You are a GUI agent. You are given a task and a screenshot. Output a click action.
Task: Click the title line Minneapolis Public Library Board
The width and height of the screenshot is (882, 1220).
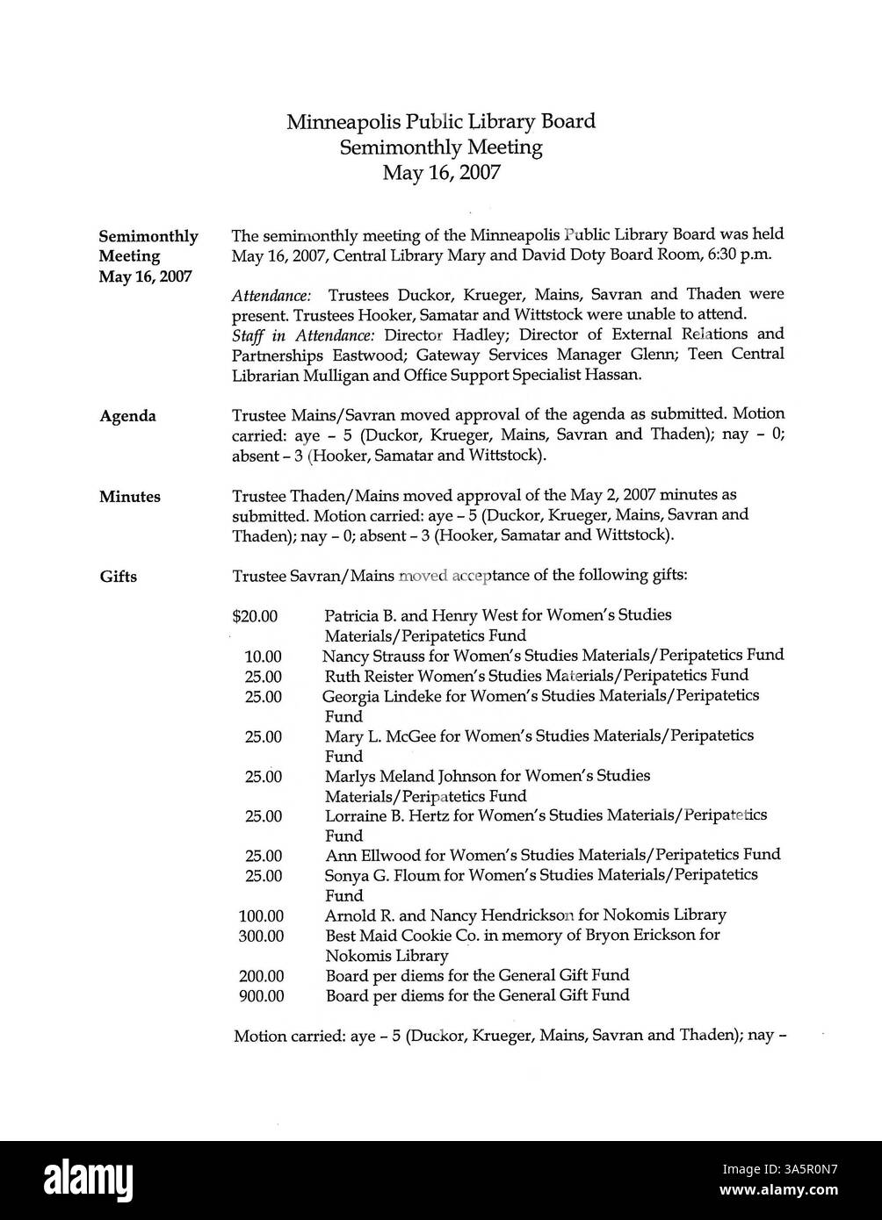441,121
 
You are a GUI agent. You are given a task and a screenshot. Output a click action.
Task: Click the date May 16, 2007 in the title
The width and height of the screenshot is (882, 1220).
441,172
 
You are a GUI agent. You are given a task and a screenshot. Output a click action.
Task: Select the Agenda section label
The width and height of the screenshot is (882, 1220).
127,416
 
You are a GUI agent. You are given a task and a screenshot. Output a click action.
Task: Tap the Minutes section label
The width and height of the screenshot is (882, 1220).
129,497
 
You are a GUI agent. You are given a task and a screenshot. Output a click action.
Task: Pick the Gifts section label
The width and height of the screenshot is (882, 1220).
118,577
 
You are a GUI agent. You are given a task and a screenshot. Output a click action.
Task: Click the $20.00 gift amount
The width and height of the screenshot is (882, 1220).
255,617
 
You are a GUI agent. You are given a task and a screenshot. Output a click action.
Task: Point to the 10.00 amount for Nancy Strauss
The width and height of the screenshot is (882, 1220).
263,657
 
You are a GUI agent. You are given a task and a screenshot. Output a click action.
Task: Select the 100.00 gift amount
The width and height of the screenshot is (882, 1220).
261,916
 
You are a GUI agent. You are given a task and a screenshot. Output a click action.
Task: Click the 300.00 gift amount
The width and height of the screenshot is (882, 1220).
261,937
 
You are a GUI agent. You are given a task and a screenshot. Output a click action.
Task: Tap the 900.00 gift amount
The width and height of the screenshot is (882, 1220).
261,996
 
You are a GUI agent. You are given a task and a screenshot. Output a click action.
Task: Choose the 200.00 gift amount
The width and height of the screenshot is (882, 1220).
261,976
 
